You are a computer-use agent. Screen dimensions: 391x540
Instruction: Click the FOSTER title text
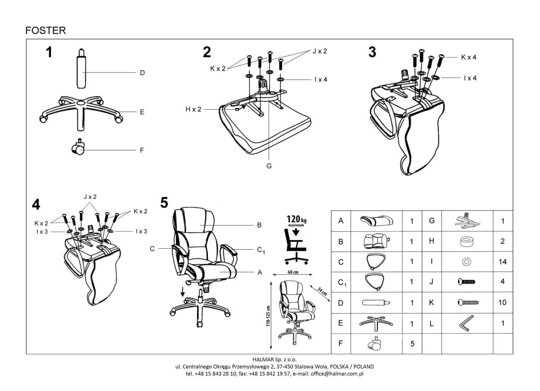(x=46, y=31)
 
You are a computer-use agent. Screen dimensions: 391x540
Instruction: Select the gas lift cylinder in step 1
(x=82, y=72)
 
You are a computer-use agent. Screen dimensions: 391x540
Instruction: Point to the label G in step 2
(x=269, y=166)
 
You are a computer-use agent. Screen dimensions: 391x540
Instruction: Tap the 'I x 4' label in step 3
(x=470, y=78)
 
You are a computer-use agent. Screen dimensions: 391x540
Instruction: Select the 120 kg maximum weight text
(x=295, y=221)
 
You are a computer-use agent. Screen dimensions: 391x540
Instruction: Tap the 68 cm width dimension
(x=292, y=272)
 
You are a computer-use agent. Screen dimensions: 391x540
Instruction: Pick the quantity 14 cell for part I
(x=503, y=261)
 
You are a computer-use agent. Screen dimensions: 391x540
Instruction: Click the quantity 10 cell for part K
(x=503, y=302)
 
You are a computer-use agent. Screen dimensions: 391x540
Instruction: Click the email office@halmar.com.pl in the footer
(x=336, y=373)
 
